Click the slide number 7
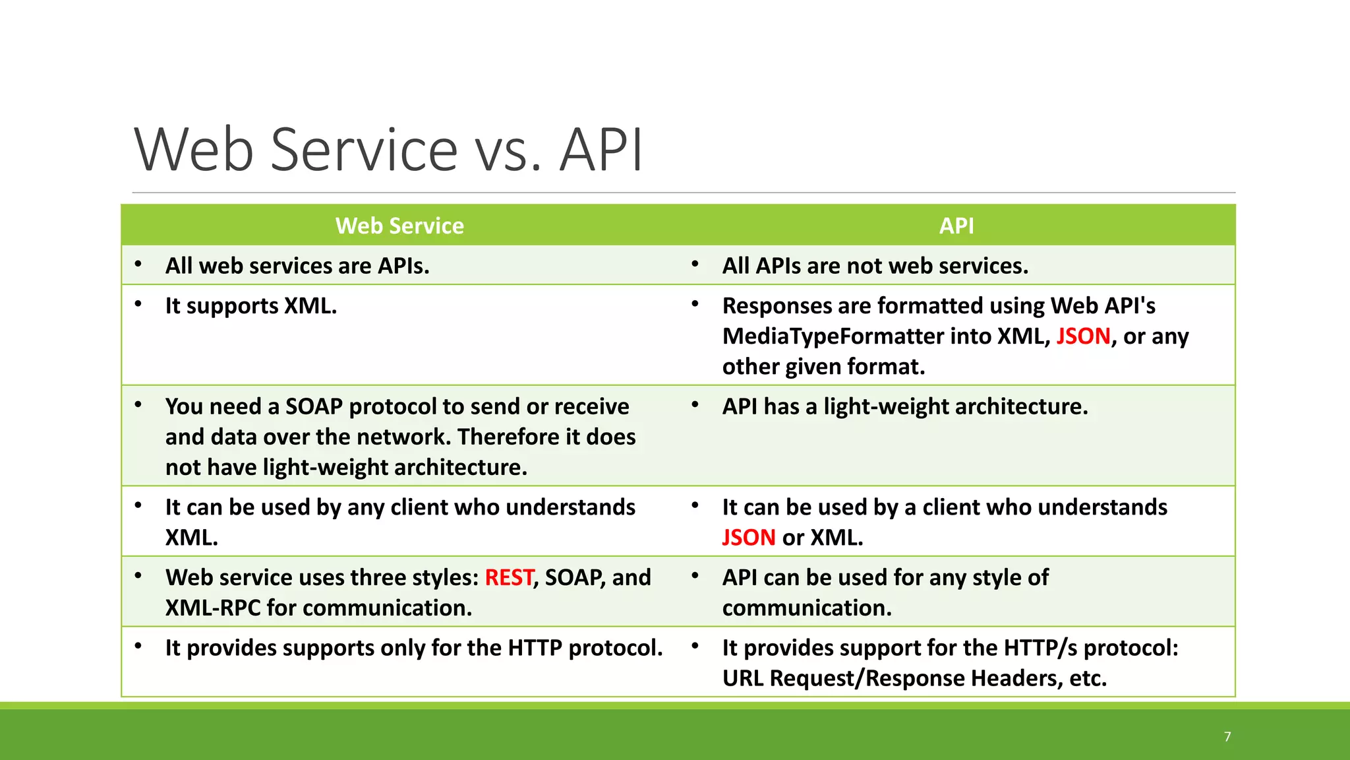tap(1227, 737)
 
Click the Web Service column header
tap(399, 226)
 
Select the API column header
tap(956, 226)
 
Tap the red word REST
tap(509, 577)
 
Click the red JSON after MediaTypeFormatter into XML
tap(1083, 336)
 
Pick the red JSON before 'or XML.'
tap(748, 538)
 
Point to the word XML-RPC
tap(213, 608)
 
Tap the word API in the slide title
tap(601, 150)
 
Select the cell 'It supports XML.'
tap(250, 306)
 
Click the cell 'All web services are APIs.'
tap(297, 266)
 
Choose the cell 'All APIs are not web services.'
tap(875, 266)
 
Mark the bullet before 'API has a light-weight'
tap(695, 405)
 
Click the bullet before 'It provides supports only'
tap(138, 647)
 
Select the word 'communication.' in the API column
tap(807, 608)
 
